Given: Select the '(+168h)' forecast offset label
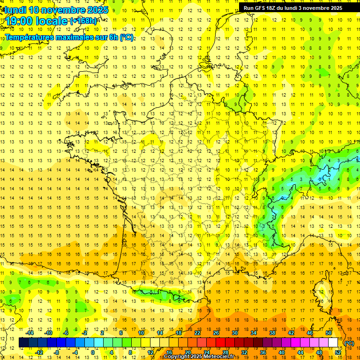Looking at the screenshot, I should tap(83, 21).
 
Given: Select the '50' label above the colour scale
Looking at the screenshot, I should tap(329, 333).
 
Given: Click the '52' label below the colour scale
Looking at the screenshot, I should tap(338, 352).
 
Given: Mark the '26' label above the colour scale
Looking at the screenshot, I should tap(216, 333).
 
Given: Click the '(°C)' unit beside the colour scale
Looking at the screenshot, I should tap(349, 343).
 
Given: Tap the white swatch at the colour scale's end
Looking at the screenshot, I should tap(333, 343).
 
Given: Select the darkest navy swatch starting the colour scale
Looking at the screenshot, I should tap(23, 343).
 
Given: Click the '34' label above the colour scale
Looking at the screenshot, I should tap(254, 333).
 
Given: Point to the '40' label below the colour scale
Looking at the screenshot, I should tap(282, 352).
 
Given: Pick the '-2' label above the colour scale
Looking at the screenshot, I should tap(85, 333).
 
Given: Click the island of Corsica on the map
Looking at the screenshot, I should tap(328, 286).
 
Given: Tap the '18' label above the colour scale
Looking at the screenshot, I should tap(179, 333).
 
